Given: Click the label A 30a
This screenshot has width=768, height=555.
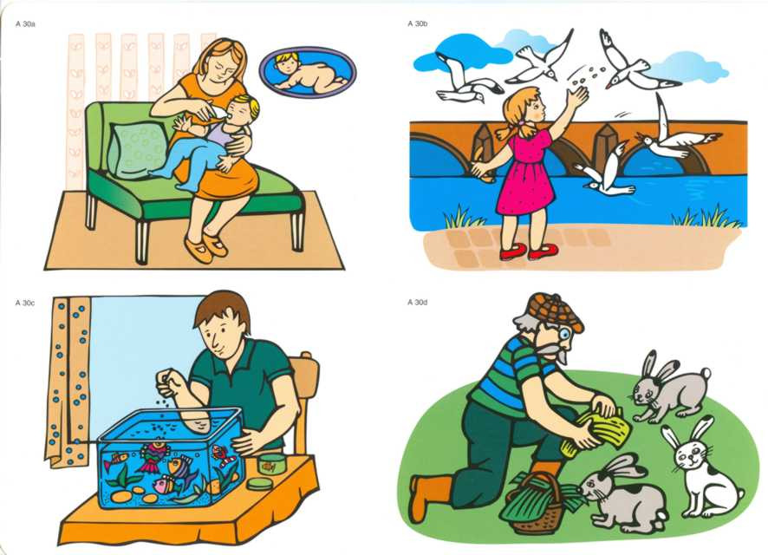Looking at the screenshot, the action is click(x=25, y=23).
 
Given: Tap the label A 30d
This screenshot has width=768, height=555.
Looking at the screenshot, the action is click(x=417, y=303).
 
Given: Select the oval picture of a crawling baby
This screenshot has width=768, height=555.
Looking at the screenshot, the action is click(x=308, y=73).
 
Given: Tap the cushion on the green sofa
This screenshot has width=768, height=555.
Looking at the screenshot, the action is click(x=138, y=149).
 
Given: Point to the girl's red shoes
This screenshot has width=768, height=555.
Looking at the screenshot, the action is click(x=529, y=251).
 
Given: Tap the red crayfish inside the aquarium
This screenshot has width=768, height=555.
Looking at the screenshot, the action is click(x=225, y=456).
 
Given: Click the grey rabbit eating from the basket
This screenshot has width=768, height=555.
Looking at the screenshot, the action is click(x=622, y=495).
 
